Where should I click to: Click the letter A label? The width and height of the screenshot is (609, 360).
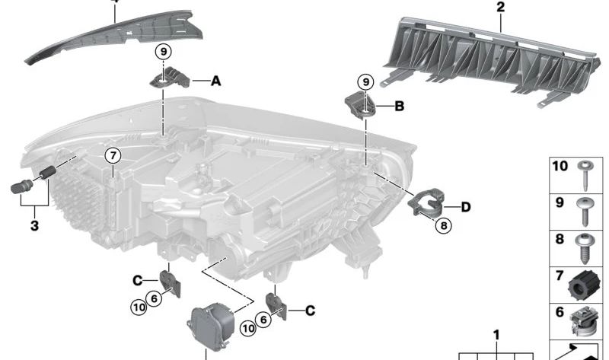pos(216,81)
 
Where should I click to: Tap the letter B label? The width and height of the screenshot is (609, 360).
pos(399,106)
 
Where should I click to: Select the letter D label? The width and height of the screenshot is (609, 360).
pos(466,207)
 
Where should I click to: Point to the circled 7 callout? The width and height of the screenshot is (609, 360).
pos(113,156)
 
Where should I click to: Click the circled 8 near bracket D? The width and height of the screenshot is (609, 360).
pos(444,225)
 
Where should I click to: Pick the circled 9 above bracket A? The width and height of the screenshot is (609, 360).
pos(163,51)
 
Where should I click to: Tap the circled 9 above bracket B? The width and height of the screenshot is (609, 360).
pos(365,82)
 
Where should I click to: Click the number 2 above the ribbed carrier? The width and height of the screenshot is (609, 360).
pos(501,7)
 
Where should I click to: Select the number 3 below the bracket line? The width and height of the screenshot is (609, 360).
pos(34,225)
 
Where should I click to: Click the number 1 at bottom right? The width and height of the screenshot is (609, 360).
pos(496,335)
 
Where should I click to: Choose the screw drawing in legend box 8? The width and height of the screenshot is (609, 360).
pos(583,249)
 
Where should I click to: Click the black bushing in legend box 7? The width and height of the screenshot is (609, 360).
pos(582,286)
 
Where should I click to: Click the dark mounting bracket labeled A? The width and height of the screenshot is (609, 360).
pos(170,78)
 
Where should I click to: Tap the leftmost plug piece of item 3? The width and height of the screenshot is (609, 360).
pos(22,187)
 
